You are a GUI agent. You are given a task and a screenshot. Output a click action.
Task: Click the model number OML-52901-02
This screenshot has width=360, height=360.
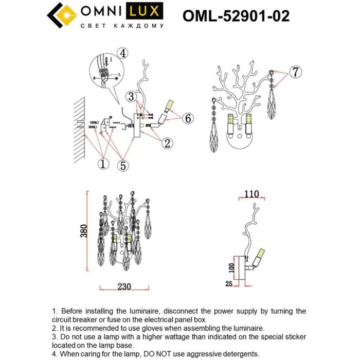point(236,16)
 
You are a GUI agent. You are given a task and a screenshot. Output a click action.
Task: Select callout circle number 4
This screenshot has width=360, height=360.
point(122,53)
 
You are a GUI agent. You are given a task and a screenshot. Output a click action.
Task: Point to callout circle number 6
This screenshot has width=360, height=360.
point(188,118)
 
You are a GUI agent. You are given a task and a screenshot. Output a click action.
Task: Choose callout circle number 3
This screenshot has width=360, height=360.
point(132,96)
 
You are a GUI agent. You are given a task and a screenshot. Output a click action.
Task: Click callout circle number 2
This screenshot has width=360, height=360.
point(166,143)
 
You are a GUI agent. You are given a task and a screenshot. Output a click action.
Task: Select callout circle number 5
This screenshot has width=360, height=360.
point(124,165)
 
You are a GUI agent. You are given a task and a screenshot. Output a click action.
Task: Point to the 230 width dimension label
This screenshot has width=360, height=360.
point(121,287)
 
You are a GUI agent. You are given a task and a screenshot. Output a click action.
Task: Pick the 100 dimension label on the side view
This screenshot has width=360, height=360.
point(230,267)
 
